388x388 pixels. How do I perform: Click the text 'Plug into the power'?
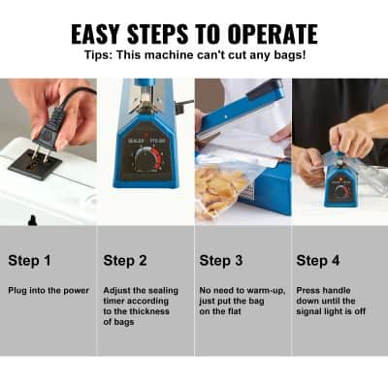point(48,291)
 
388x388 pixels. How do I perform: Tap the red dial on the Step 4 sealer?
point(340,190)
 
